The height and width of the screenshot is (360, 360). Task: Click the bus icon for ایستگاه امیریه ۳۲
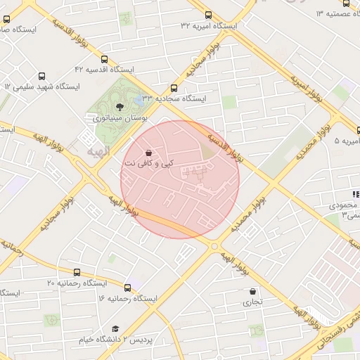(208, 15)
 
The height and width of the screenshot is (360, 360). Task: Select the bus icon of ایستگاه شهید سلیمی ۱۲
(41, 76)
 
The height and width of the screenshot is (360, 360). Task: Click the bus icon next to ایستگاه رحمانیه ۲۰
(77, 272)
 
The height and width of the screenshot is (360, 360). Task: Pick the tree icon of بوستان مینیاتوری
(120, 107)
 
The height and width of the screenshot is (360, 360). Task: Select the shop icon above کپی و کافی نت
(148, 153)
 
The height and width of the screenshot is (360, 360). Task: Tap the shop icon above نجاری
(252, 291)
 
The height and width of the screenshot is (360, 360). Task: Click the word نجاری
(252, 302)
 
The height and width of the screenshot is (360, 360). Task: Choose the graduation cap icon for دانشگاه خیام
(115, 328)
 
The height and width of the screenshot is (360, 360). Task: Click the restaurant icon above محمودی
(354, 195)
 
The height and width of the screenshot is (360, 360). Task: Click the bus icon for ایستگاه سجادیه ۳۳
(174, 88)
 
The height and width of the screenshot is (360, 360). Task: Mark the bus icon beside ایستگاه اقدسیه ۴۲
(104, 60)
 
